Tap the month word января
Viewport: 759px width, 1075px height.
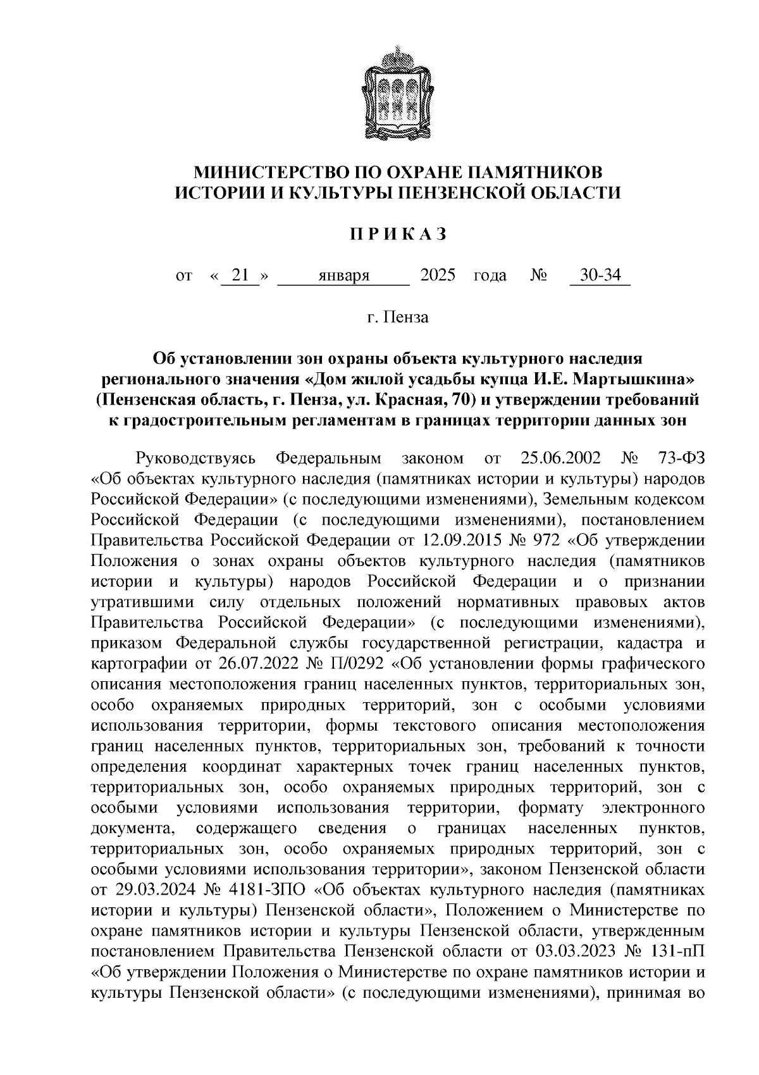click(343, 276)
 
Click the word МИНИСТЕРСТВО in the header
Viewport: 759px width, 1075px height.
click(261, 172)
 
